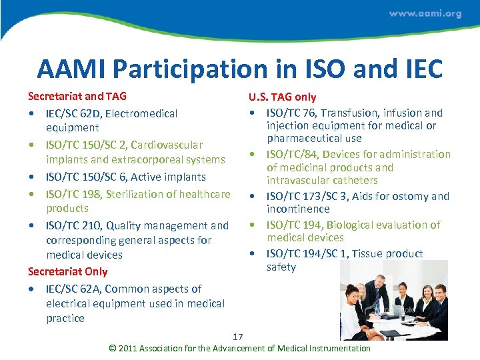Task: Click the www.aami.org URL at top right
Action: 425,13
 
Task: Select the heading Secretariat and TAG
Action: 77,97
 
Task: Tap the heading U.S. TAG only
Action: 282,97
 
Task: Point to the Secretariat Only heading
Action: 67,271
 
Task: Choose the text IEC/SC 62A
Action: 72,289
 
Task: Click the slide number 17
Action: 238,336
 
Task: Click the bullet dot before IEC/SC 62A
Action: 33,289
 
